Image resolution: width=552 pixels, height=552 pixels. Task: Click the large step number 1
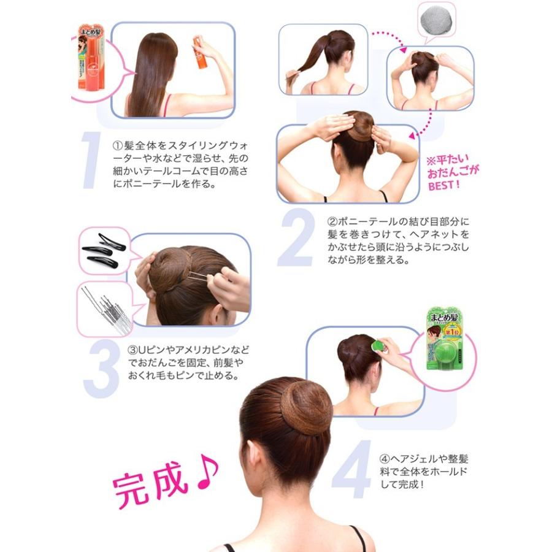[x=91, y=161]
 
